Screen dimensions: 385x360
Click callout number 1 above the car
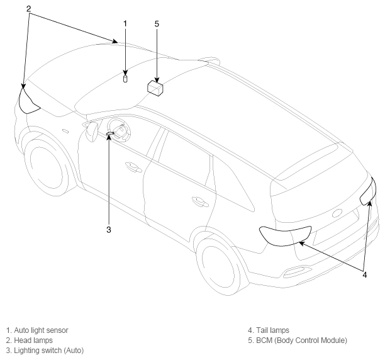pos(125,24)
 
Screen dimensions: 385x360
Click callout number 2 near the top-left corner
pos(29,9)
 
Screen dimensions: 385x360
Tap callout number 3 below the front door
pos(109,230)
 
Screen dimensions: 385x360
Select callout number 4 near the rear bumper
pos(365,275)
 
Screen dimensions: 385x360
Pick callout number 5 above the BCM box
pos(157,24)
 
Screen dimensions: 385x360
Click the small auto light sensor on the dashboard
pos(125,79)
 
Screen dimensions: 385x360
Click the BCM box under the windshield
pos(155,88)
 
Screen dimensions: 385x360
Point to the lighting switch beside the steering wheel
pos(110,133)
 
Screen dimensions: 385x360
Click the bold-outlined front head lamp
pos(28,102)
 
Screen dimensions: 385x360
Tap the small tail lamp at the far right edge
pos(368,191)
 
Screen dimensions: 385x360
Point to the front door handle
pos(133,167)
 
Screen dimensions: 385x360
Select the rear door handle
pos(200,201)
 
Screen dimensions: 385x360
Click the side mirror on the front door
pos(92,132)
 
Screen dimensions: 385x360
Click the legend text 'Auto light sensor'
pos(41,330)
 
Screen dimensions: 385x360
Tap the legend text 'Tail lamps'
pos(272,330)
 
